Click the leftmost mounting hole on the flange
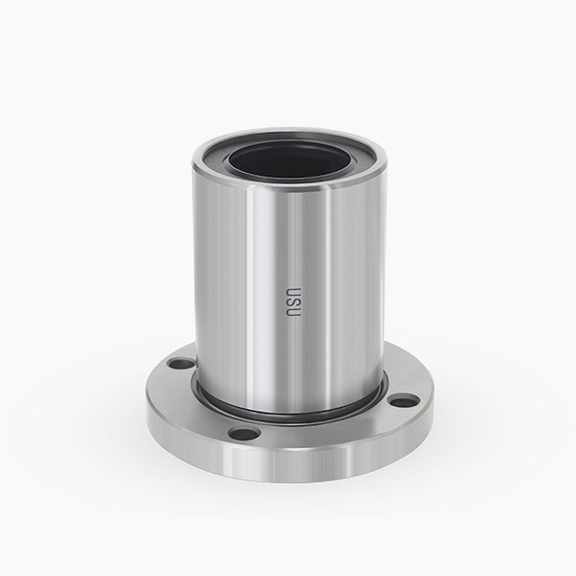point(181,364)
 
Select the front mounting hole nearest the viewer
point(244,434)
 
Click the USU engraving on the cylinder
point(294,302)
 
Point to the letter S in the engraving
point(294,302)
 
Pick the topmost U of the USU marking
point(294,291)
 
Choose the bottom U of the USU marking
point(294,313)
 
